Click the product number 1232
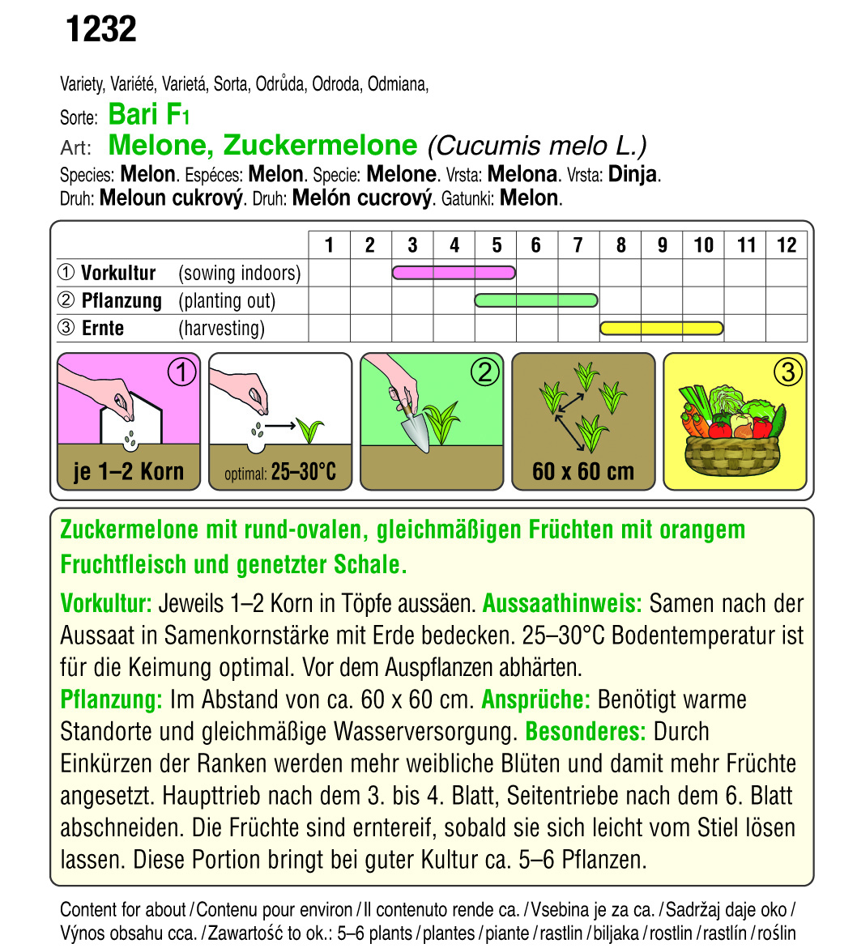click(x=100, y=30)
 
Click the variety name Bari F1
click(x=148, y=115)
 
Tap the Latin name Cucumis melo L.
click(x=536, y=146)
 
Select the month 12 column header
click(x=786, y=245)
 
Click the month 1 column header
click(x=329, y=245)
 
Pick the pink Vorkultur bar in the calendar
click(x=454, y=273)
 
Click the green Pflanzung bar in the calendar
click(x=536, y=300)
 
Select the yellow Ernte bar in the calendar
click(x=661, y=328)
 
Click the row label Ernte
click(x=103, y=329)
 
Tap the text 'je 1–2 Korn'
click(x=129, y=472)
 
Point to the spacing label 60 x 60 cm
click(x=583, y=472)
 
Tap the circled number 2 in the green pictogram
click(x=484, y=372)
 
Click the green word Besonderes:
click(x=586, y=732)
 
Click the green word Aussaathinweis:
click(x=562, y=603)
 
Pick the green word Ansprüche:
click(x=535, y=699)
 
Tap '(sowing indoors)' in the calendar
click(x=239, y=274)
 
